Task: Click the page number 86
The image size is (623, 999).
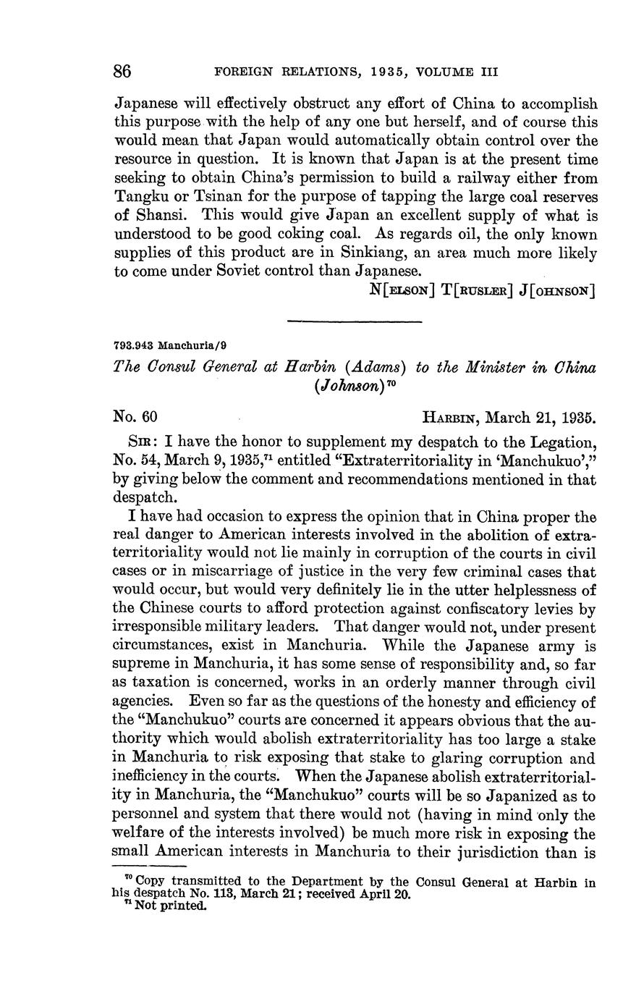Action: pyautogui.click(x=122, y=71)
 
